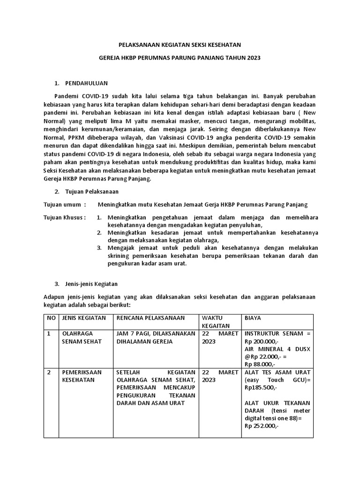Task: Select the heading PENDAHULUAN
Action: click(x=87, y=83)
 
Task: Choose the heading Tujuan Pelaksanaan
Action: click(x=92, y=192)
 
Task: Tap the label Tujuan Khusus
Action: click(x=64, y=217)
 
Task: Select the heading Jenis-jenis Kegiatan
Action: click(x=94, y=284)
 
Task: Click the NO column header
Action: click(x=51, y=318)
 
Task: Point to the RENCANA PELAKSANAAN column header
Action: click(x=150, y=318)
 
